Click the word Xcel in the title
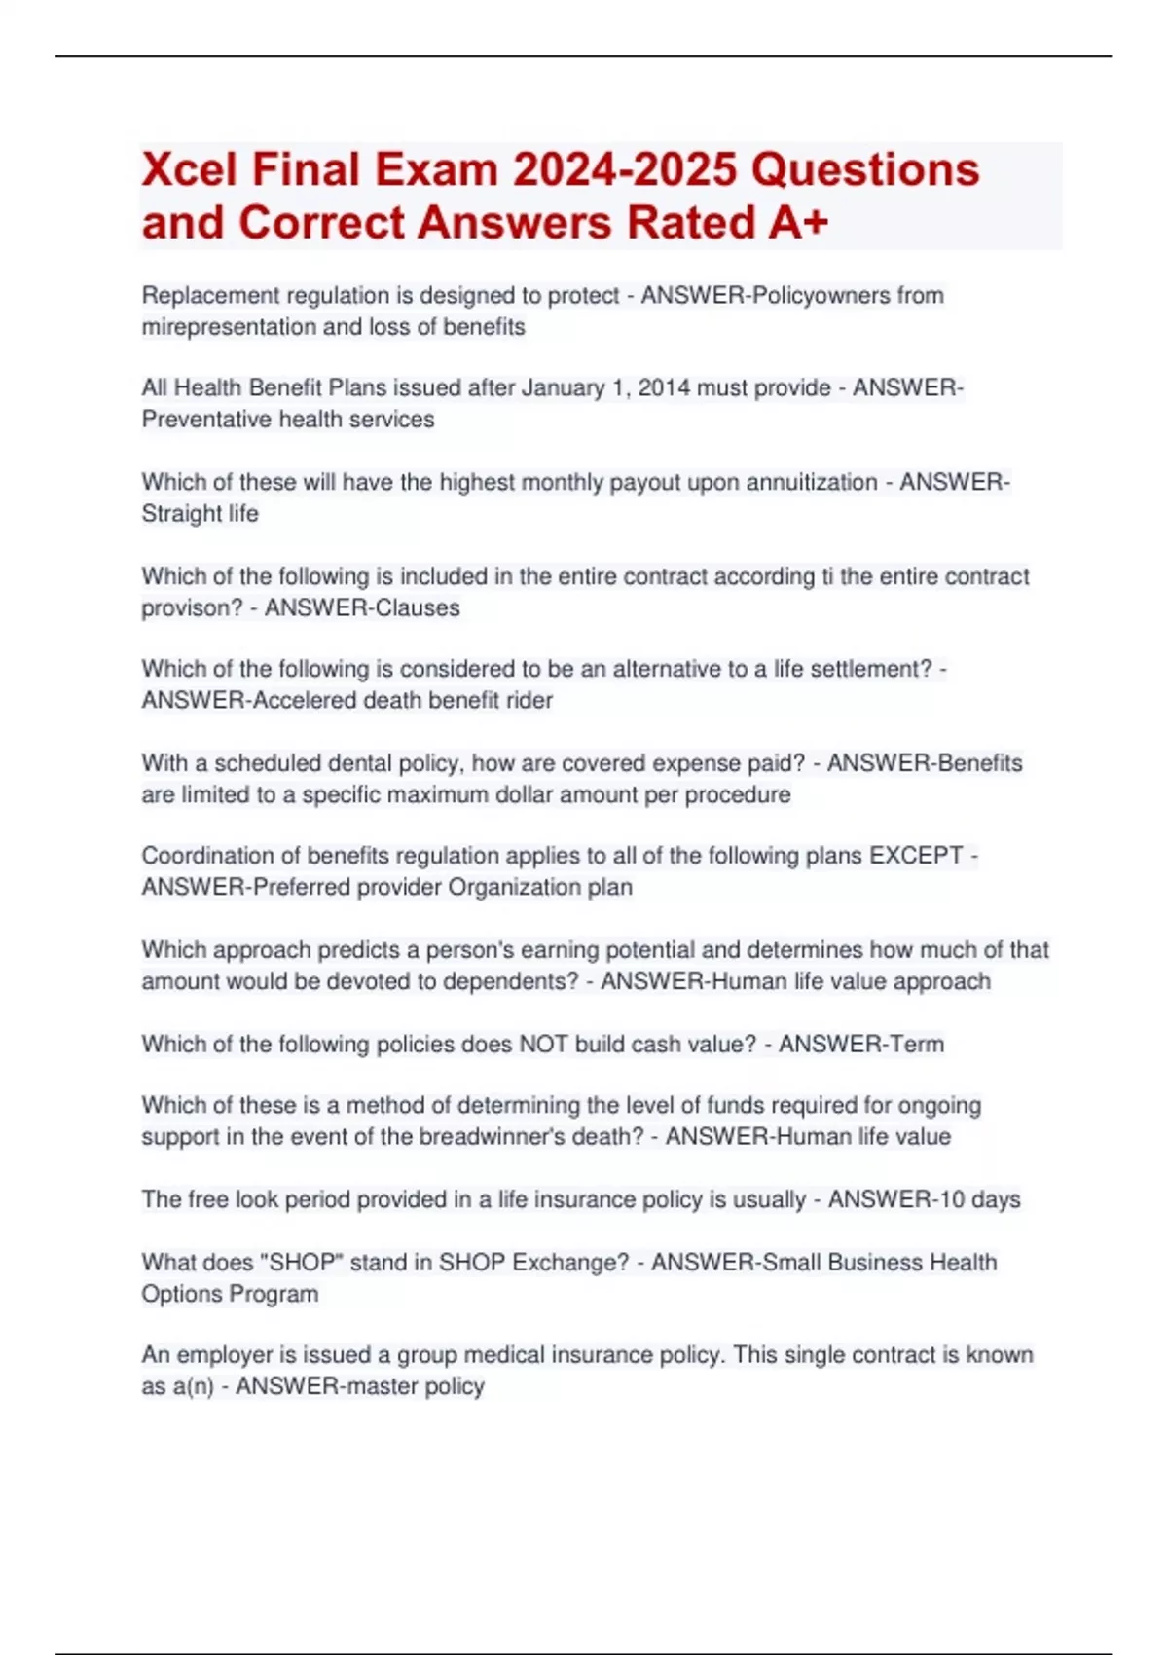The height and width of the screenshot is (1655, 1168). [190, 170]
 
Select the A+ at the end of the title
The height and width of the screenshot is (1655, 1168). [797, 223]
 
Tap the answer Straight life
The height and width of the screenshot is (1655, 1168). [200, 513]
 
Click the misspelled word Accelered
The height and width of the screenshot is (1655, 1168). [304, 700]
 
